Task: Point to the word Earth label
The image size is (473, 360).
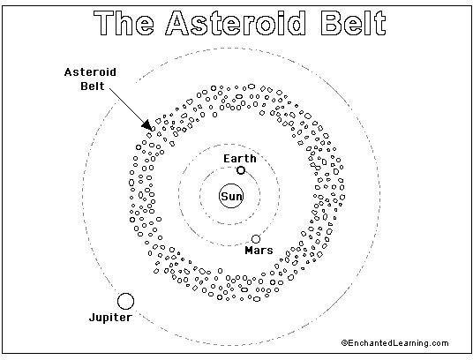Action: coord(240,159)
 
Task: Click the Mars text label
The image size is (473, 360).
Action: coord(259,251)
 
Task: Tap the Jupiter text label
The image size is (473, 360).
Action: coord(110,318)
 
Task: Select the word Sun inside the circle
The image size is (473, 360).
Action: coord(231,197)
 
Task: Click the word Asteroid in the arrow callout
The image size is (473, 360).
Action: coord(90,72)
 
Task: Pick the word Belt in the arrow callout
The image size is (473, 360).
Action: coord(93,86)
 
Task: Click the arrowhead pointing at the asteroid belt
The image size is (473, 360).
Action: coord(146,124)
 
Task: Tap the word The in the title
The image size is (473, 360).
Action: coord(124,23)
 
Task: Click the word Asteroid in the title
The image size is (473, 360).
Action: coord(236,23)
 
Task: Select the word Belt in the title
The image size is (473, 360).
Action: coord(353,23)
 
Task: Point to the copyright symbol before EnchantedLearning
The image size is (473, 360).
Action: coord(344,343)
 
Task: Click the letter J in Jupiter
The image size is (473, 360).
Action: coord(93,317)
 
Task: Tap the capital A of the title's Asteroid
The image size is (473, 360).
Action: coord(177,23)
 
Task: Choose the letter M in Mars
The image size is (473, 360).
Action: coord(249,251)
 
